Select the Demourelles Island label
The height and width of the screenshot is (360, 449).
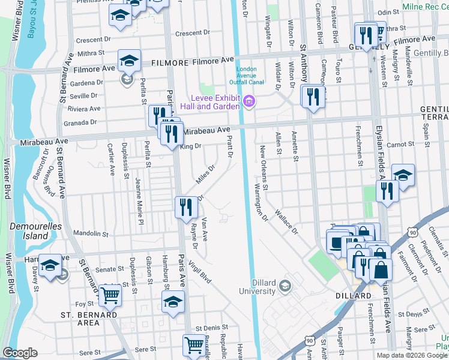(28, 232)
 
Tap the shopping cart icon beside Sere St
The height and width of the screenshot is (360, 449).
(194, 345)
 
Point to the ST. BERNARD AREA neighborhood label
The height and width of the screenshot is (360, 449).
(88, 319)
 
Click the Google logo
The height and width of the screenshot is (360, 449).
(20, 353)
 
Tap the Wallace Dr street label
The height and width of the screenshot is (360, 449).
(286, 221)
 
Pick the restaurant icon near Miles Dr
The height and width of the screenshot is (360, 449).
(186, 207)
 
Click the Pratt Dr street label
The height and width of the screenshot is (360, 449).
(230, 147)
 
